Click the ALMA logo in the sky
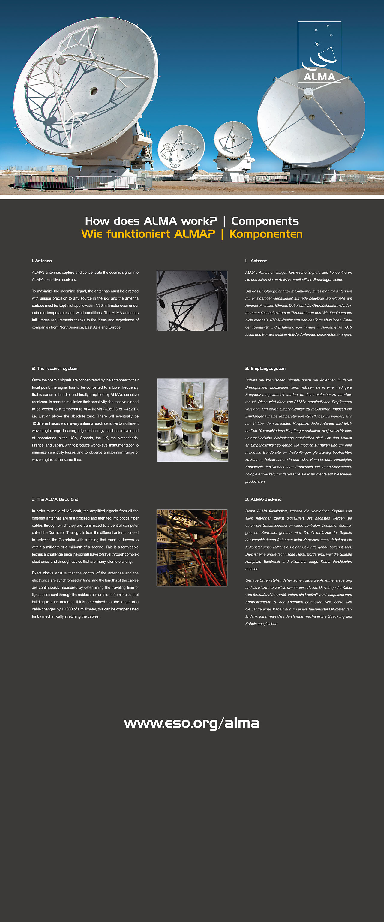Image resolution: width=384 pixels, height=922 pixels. pos(319,52)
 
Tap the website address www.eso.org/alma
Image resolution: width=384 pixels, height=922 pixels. pos(191,723)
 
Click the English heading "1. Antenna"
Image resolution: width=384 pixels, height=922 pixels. pos(42,261)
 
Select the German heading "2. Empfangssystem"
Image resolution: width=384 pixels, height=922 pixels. pos(265,369)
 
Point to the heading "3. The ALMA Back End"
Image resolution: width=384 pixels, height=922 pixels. pos(55,499)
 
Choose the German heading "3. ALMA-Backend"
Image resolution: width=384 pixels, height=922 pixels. pos(263,499)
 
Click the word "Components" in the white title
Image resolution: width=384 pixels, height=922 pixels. pos(265,221)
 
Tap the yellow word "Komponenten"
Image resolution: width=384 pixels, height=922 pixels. pos(266,234)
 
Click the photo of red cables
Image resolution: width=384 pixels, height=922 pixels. pos(192,548)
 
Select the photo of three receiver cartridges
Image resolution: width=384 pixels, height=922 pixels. pos(193,420)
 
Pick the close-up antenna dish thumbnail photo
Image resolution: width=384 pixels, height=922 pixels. pos(192,301)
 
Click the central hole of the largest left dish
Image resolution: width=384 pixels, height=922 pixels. pos(94,91)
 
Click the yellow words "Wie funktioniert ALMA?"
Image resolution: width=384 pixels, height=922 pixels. pos(148,234)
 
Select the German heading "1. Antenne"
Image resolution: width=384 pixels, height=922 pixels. pos(256,261)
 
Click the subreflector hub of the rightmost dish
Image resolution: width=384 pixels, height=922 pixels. pos(308,92)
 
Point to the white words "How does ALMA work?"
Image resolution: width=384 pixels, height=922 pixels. pos(151,221)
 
